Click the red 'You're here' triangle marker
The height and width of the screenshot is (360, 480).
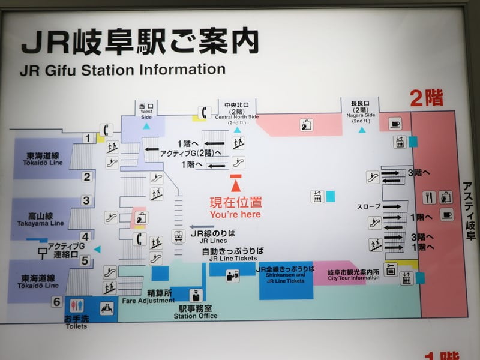[236, 181]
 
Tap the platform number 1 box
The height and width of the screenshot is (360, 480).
[87, 139]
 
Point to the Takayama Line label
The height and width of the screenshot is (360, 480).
[40, 219]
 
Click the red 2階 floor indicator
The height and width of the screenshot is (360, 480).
[427, 97]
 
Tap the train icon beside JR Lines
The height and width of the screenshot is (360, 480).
[178, 236]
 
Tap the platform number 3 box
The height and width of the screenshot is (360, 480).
[87, 201]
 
